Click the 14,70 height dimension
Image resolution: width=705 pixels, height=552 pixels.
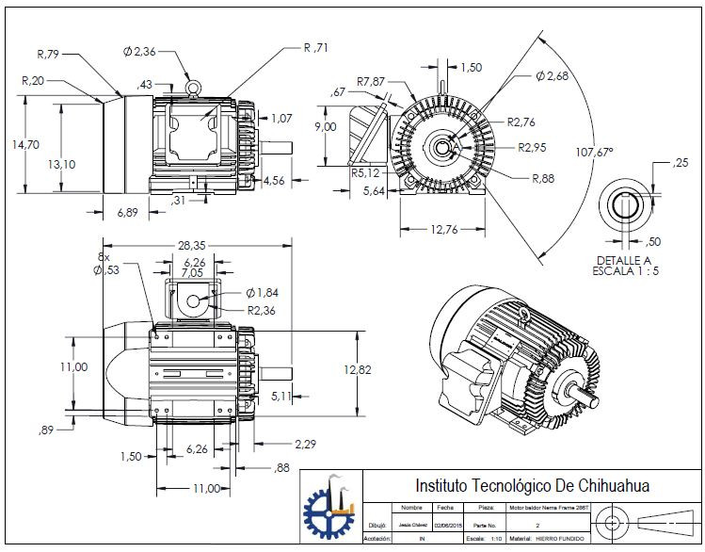(x=25, y=145)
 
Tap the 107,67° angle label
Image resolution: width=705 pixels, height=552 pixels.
(x=594, y=151)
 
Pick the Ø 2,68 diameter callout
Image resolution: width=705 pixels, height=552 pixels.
(x=552, y=74)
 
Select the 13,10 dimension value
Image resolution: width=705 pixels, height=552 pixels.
(x=62, y=164)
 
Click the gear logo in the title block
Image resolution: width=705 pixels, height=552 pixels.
(x=330, y=510)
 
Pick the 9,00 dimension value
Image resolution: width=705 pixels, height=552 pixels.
(x=326, y=126)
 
